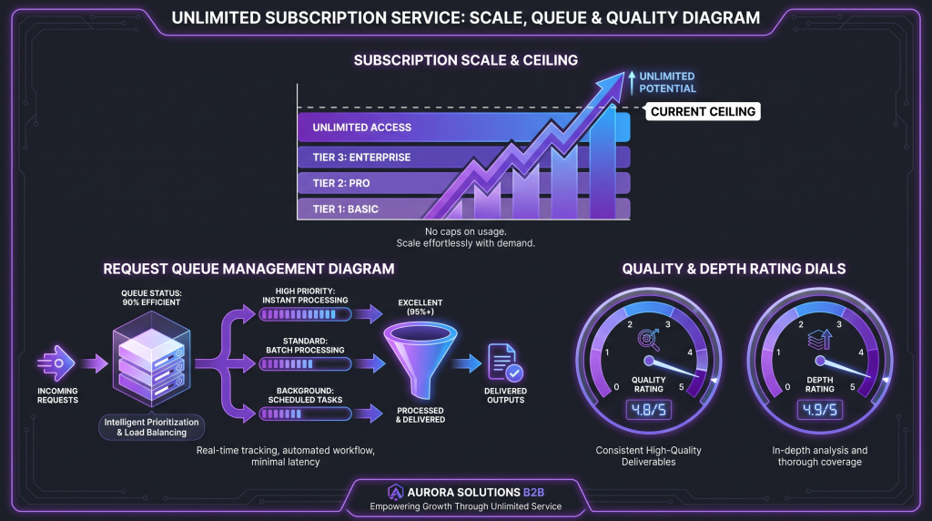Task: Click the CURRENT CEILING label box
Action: tap(703, 112)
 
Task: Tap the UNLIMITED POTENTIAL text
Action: tap(667, 83)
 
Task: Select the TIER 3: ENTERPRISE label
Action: tap(361, 158)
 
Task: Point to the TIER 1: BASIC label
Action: tap(345, 209)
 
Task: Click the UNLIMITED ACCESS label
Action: tap(361, 128)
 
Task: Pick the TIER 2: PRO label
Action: tap(341, 183)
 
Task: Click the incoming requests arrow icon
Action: tap(56, 363)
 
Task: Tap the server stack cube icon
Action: tap(152, 360)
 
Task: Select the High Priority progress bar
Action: tap(305, 314)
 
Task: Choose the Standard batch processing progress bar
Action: tap(305, 364)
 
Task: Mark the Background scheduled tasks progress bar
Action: tap(305, 414)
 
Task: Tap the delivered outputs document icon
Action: tap(505, 363)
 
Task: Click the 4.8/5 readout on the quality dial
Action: tap(648, 410)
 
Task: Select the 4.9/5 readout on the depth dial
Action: tap(820, 410)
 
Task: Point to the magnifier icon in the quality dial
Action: tap(648, 340)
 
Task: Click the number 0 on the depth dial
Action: tap(787, 387)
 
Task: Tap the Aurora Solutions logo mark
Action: tap(395, 493)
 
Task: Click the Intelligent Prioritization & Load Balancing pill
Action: tap(152, 427)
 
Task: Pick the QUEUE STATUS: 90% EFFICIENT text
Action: tap(152, 297)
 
